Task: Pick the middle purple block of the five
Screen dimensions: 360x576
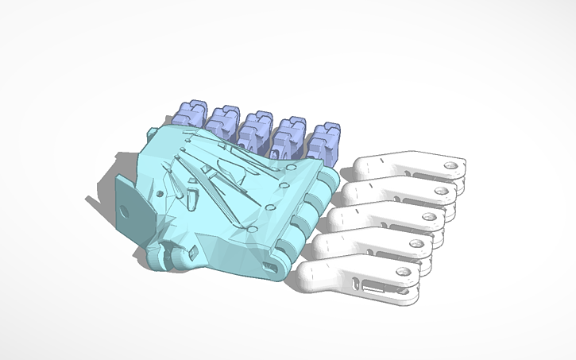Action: point(256,126)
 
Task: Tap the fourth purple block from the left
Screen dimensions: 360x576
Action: point(288,133)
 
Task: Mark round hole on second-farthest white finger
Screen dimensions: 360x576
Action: point(441,190)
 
